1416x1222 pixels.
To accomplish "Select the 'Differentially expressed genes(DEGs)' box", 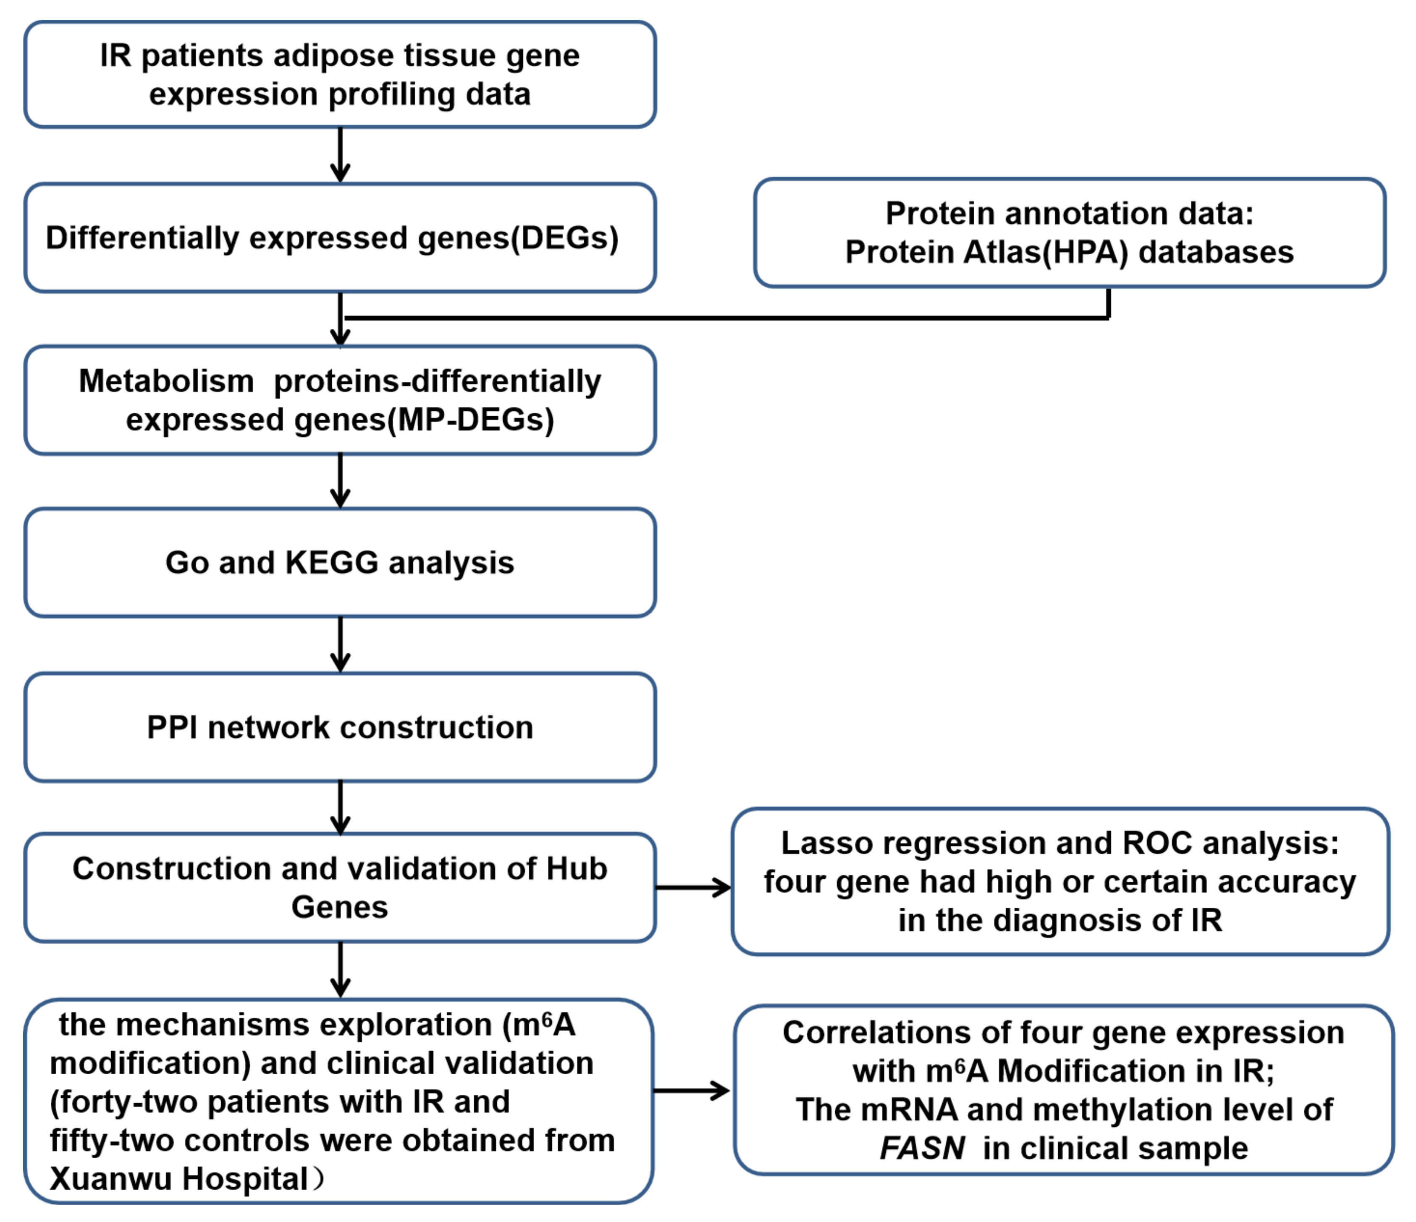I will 340,238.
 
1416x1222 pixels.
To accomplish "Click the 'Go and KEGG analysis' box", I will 340,563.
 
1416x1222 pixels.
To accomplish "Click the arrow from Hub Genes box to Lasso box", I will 692,888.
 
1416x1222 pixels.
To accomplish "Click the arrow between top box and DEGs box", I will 340,155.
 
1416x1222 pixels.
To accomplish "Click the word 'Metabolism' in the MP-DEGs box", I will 166,381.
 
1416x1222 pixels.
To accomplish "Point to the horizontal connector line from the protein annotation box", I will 724,318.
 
